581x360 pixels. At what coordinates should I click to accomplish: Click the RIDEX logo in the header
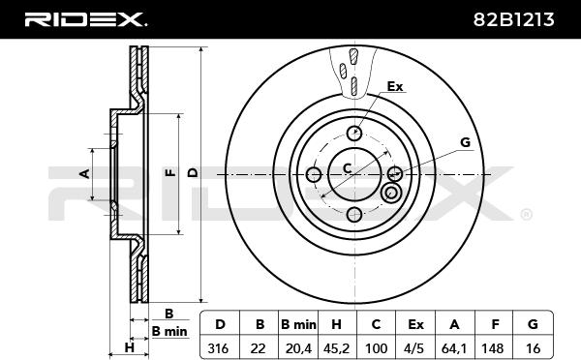[85, 19]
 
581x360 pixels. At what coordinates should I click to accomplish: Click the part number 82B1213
[513, 19]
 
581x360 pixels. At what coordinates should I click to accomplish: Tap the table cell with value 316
[220, 347]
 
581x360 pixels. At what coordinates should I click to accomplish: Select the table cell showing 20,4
[298, 347]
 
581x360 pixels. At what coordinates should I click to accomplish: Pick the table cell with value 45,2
[337, 347]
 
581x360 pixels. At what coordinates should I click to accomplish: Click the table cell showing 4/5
[415, 347]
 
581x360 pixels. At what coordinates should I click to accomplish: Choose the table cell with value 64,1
[455, 347]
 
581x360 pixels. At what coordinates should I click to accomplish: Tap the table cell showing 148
[494, 347]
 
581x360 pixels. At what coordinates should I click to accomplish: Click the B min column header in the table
[298, 324]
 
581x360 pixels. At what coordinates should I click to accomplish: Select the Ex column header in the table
[415, 324]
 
